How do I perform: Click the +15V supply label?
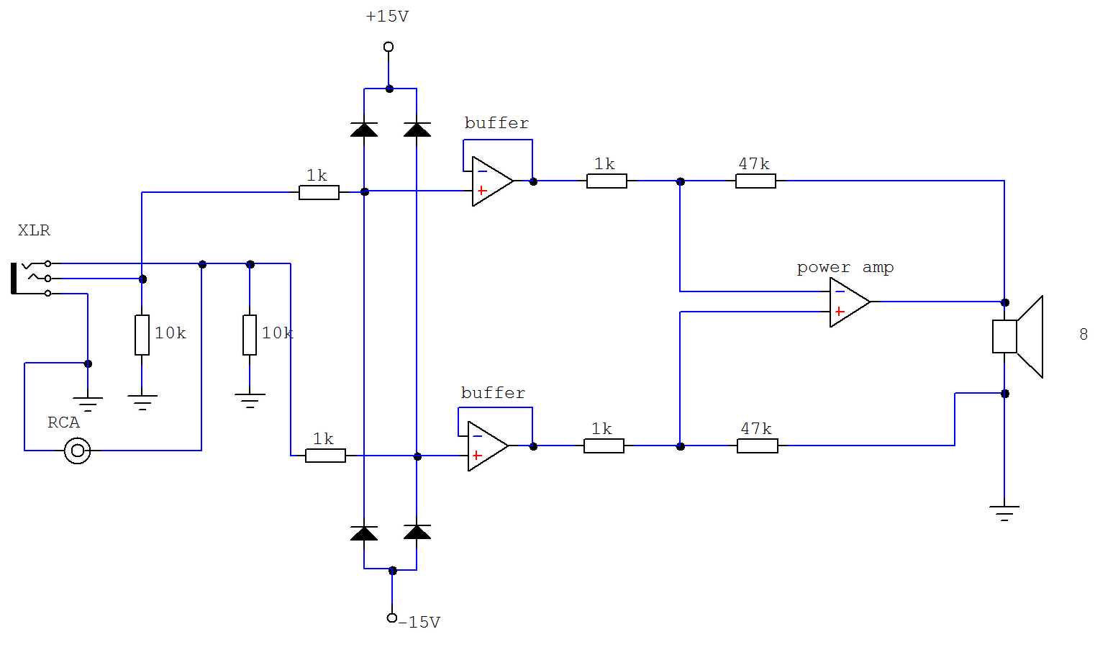click(387, 17)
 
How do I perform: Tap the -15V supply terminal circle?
click(391, 618)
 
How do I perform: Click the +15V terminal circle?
click(389, 47)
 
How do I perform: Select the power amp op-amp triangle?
click(849, 302)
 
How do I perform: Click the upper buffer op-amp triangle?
click(492, 181)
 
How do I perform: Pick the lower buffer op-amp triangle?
click(488, 446)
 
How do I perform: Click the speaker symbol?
click(1017, 336)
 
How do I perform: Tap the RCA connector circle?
click(78, 451)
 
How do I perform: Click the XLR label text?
click(34, 230)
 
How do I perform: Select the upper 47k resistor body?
click(755, 181)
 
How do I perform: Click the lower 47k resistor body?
click(758, 446)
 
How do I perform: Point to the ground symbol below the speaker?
click(1004, 513)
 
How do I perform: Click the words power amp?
click(845, 267)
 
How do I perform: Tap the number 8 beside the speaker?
click(1084, 334)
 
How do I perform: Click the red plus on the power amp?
click(840, 312)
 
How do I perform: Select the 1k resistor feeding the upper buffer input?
click(319, 192)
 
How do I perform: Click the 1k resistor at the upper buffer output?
click(607, 181)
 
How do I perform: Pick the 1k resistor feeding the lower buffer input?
click(325, 456)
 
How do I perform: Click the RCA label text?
click(63, 422)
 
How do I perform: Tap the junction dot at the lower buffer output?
click(533, 446)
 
